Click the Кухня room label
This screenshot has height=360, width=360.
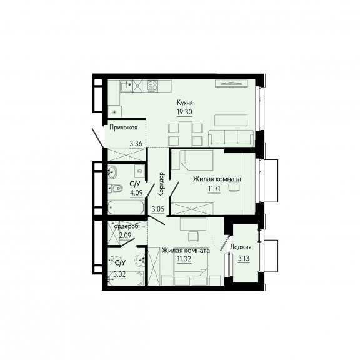(185, 102)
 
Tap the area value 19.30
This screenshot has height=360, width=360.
(184, 112)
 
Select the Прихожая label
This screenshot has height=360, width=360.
(123, 127)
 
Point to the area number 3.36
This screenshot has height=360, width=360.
(136, 144)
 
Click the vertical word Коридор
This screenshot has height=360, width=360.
(161, 184)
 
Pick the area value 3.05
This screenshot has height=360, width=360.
(158, 209)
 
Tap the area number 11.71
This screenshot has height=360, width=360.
(214, 189)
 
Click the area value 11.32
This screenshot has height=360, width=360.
(184, 259)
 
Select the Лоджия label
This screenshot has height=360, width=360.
(241, 247)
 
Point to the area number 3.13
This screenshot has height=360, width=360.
(244, 259)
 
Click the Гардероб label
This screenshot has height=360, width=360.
(125, 226)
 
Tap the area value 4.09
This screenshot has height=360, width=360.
(136, 192)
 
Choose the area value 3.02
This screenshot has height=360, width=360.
(119, 274)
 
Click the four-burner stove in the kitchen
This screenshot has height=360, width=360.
(152, 86)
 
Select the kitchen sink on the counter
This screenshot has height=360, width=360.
(126, 86)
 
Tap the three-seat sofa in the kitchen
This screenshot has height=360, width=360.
(231, 138)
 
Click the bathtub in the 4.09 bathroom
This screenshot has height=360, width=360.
(126, 207)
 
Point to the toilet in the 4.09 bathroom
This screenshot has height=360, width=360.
(115, 189)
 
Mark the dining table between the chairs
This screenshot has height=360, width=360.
(186, 133)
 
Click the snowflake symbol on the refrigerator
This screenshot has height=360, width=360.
(114, 112)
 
